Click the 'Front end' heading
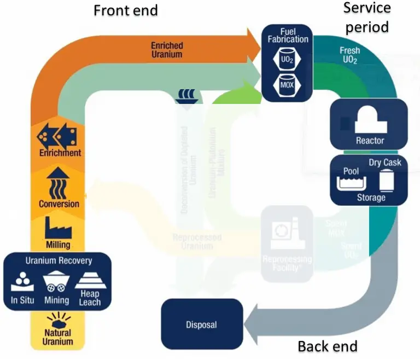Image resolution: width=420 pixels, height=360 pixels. tap(126, 10)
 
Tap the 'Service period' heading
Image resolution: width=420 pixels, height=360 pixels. tap(367, 17)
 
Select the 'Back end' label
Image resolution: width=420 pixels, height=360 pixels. tap(327, 346)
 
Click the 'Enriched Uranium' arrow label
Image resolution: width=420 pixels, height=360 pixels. tap(167, 50)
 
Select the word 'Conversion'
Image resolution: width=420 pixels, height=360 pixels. tap(59, 204)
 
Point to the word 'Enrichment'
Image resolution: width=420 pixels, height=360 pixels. tap(60, 153)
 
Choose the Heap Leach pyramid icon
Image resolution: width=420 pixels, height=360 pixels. tap(87, 281)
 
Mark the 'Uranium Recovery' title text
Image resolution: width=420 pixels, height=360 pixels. tap(59, 260)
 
